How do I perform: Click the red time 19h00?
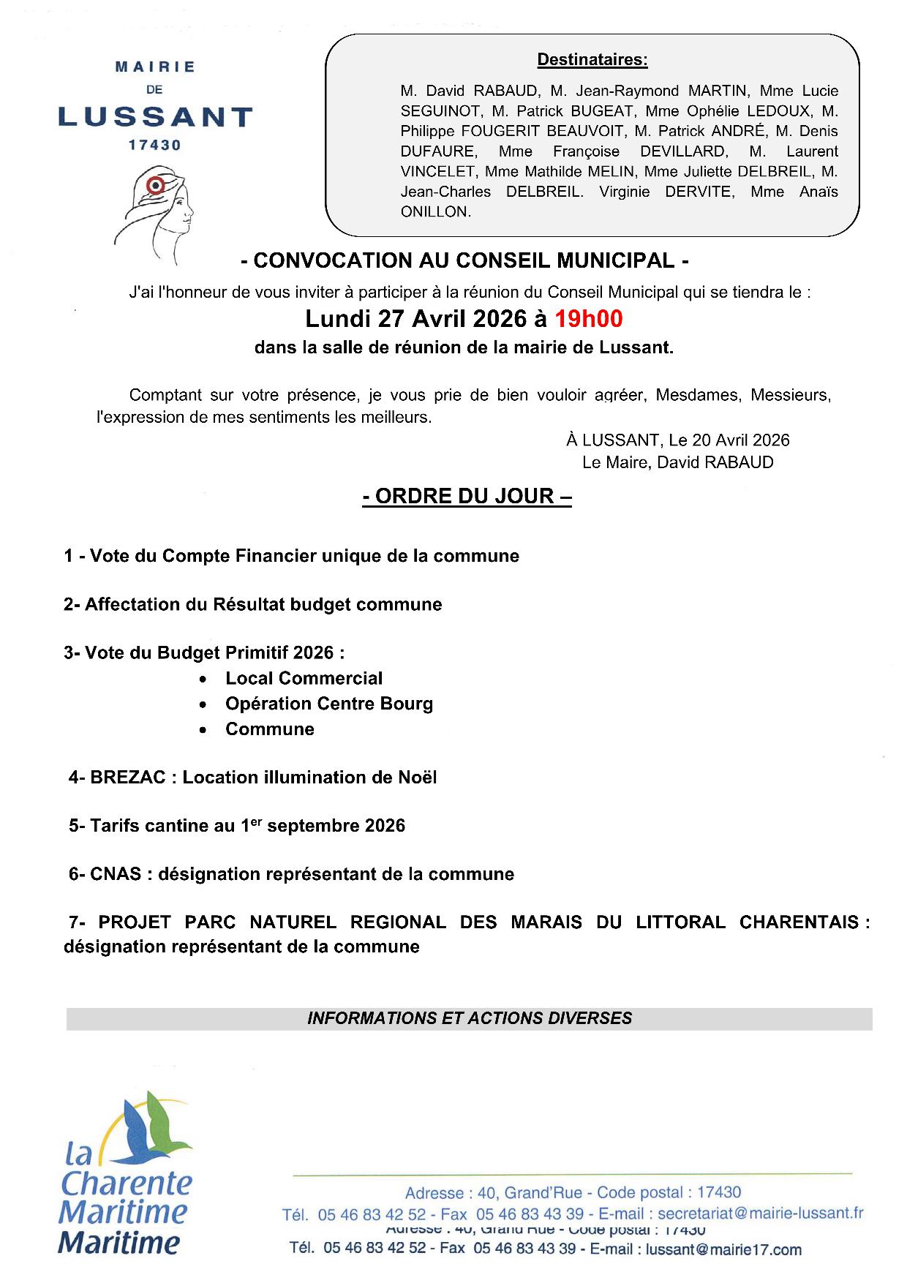pyautogui.click(x=588, y=319)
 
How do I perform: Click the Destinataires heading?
pyautogui.click(x=592, y=60)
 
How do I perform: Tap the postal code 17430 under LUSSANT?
pyautogui.click(x=154, y=145)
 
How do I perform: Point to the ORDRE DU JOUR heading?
pyautogui.click(x=467, y=496)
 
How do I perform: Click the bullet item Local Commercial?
pyautogui.click(x=304, y=678)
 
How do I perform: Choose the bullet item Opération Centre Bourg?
pyautogui.click(x=329, y=704)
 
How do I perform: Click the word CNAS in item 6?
pyautogui.click(x=116, y=874)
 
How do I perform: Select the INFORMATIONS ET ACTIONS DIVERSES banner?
pyautogui.click(x=470, y=1018)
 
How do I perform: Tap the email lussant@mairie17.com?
pyautogui.click(x=723, y=1249)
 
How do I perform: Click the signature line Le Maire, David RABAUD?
pyautogui.click(x=677, y=462)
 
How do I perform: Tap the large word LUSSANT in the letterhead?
pyautogui.click(x=155, y=116)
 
